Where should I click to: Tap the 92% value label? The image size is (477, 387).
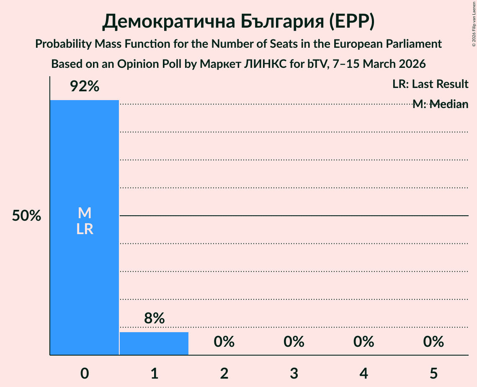84,87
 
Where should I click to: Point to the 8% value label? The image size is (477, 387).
154,319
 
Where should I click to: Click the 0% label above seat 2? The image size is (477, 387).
224,342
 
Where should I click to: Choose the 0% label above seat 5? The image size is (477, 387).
433,342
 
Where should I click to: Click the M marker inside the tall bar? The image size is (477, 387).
84,213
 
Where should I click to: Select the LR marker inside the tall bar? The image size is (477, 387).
84,229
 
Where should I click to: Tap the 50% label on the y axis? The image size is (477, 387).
26,216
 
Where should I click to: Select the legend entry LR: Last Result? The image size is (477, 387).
430,84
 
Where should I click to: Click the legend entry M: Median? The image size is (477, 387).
440,104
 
